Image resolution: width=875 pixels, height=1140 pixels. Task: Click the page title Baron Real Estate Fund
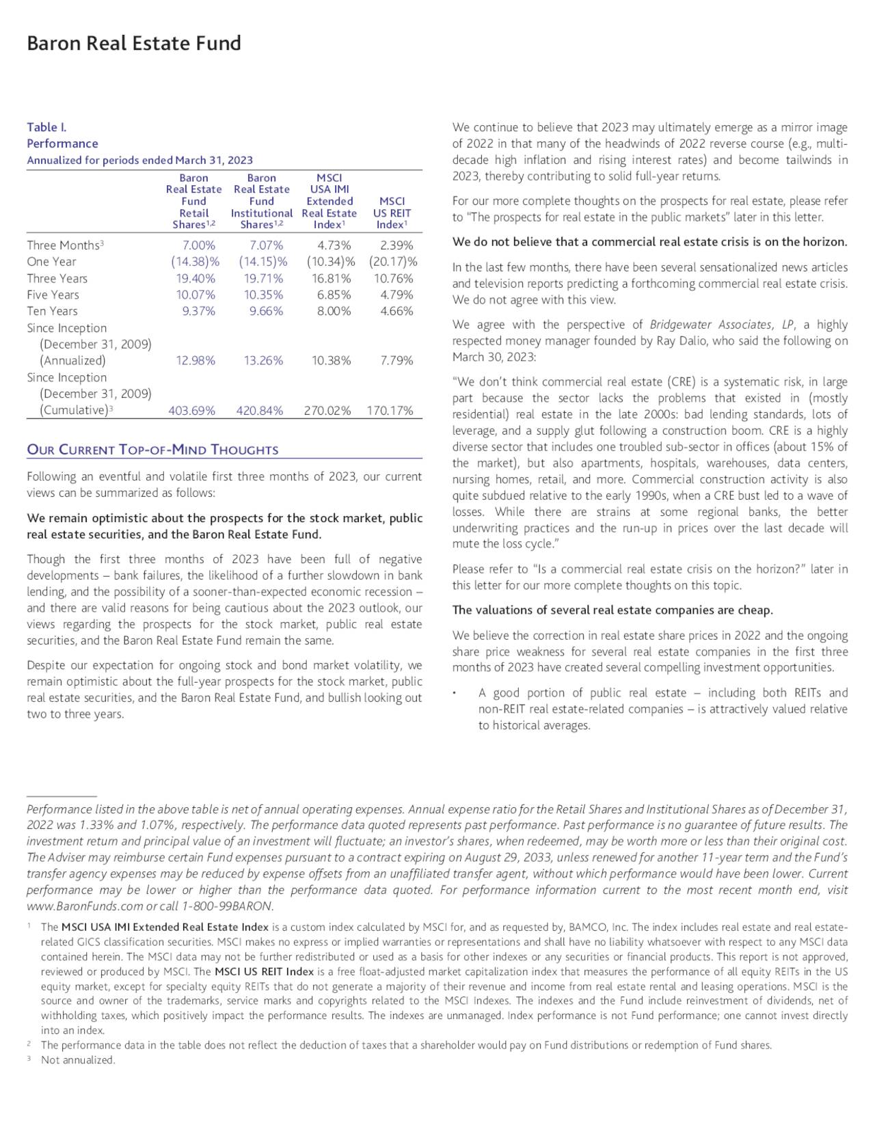(134, 44)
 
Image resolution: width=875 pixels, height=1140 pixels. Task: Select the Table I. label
(46, 127)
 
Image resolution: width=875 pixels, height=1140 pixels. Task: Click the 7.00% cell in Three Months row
(199, 245)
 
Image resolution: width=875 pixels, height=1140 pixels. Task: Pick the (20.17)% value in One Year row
(392, 262)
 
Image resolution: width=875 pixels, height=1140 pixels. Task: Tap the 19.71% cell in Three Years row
(263, 278)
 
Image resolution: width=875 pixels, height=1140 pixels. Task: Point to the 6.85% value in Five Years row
(334, 295)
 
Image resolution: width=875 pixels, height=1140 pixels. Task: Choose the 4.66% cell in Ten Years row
(396, 311)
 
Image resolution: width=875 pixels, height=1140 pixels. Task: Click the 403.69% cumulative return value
(191, 410)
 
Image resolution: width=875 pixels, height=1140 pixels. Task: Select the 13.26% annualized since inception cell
(263, 360)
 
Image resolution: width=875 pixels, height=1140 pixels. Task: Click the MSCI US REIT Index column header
(392, 213)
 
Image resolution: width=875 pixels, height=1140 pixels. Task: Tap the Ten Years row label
(52, 311)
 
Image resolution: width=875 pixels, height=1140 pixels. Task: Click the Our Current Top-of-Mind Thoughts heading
(152, 450)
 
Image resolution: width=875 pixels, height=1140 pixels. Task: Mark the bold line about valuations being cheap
(612, 610)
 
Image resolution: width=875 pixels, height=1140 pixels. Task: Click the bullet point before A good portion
(455, 694)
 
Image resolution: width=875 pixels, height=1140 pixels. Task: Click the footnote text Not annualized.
(78, 1060)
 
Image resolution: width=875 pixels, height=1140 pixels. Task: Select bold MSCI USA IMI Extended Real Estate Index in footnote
(165, 927)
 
